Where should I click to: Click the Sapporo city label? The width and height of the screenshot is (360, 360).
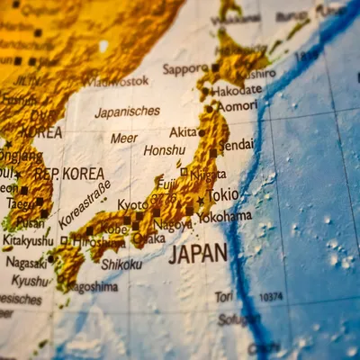184,69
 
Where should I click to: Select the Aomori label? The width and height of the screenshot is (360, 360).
238,105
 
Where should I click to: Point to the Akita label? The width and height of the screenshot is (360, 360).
183,131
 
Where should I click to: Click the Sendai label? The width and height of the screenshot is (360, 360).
237,144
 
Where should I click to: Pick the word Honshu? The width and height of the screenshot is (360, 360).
165,150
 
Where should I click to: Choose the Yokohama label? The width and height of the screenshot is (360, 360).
225,216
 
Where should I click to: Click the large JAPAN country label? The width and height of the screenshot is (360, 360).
198,253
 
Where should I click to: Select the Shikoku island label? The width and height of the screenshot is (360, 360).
121,264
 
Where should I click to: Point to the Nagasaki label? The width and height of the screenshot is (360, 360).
26,262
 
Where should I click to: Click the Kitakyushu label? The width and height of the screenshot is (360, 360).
29,241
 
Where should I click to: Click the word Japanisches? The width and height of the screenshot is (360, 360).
127,112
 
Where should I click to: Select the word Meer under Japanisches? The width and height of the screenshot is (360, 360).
124,138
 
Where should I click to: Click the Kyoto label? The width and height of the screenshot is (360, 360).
132,205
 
